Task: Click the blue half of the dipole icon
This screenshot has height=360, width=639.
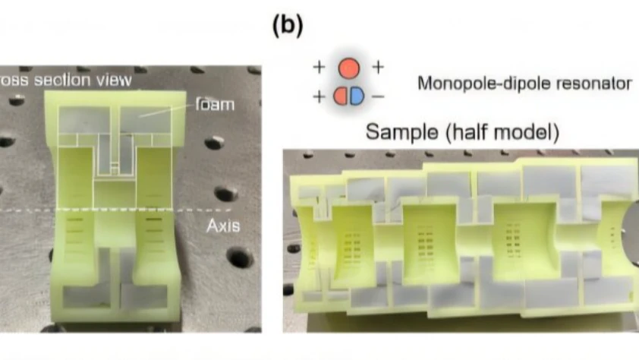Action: point(356,96)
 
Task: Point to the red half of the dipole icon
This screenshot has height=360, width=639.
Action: point(341,96)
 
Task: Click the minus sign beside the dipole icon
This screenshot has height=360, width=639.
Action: point(378,96)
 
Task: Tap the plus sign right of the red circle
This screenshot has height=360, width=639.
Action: point(377,68)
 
